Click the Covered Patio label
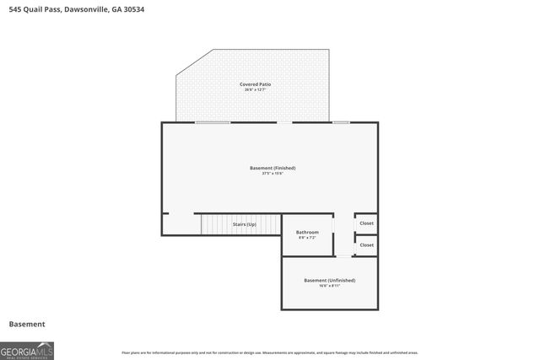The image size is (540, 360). click(x=255, y=84)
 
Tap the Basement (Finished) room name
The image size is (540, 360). click(x=273, y=168)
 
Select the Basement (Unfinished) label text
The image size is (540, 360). click(x=329, y=280)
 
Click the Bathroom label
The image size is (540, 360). click(x=306, y=232)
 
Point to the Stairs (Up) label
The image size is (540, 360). click(x=245, y=224)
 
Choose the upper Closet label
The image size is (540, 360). click(x=366, y=223)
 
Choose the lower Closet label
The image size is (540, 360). click(x=366, y=244)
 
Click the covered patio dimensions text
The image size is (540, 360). click(x=255, y=90)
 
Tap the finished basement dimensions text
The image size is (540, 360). click(x=273, y=174)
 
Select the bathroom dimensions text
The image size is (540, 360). click(x=306, y=238)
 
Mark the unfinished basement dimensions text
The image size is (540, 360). click(x=329, y=286)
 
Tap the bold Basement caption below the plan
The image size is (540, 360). click(x=27, y=324)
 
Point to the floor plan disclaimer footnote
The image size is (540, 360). click(x=269, y=352)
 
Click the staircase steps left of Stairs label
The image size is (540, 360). click(x=215, y=225)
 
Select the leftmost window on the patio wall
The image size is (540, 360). click(x=213, y=122)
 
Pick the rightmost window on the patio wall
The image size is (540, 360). click(x=341, y=122)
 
